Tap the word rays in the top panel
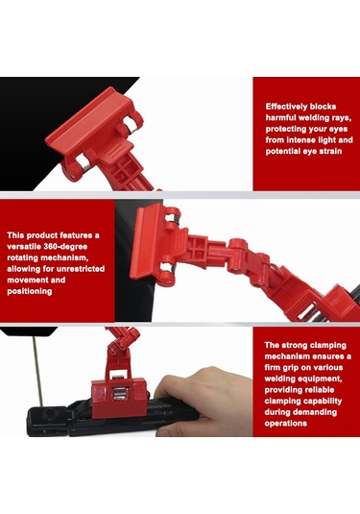coord(341,117)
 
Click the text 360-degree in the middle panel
coord(65,247)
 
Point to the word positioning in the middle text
coord(30,291)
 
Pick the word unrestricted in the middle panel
coord(81,269)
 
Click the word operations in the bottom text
coord(286,423)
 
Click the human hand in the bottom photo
coord(204,400)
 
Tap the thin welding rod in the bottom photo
coord(37,371)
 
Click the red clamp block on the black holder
coord(119,399)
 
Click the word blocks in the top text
coord(323,107)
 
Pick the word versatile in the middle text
coord(24,247)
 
